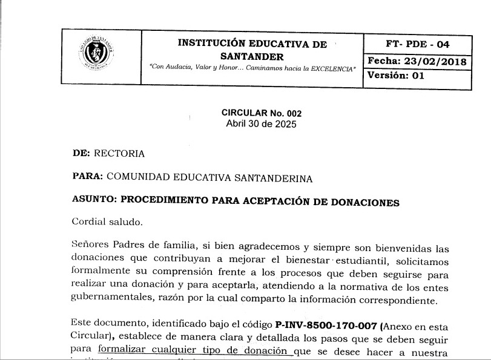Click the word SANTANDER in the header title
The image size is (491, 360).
(251, 56)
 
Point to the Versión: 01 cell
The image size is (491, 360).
(396, 76)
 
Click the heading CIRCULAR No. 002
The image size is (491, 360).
(261, 113)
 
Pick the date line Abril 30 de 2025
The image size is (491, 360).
(261, 124)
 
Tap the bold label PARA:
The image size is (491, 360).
(87, 178)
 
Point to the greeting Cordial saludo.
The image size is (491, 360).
(107, 221)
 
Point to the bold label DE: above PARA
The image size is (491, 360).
(81, 154)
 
